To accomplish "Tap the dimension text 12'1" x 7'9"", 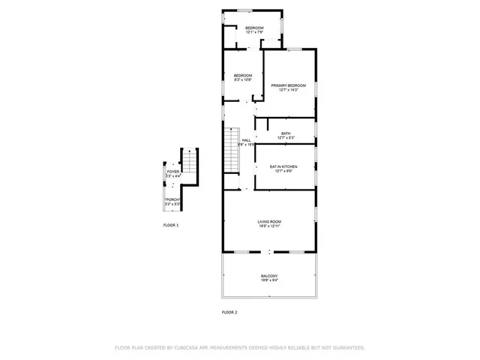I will click(255, 32).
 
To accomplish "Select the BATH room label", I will click(286, 133).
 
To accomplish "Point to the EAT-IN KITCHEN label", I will click(283, 166).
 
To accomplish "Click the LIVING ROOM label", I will click(268, 221).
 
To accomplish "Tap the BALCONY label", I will click(268, 276).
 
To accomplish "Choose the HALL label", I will click(246, 140).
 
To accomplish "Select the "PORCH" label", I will click(172, 199).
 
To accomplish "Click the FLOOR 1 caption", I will click(171, 225).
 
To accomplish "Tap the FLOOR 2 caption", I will click(229, 311).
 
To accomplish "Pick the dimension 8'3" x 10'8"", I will click(242, 80).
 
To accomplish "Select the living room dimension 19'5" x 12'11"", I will click(268, 226).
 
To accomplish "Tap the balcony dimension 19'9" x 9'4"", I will click(268, 281).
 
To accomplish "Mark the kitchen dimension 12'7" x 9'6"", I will click(283, 171).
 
